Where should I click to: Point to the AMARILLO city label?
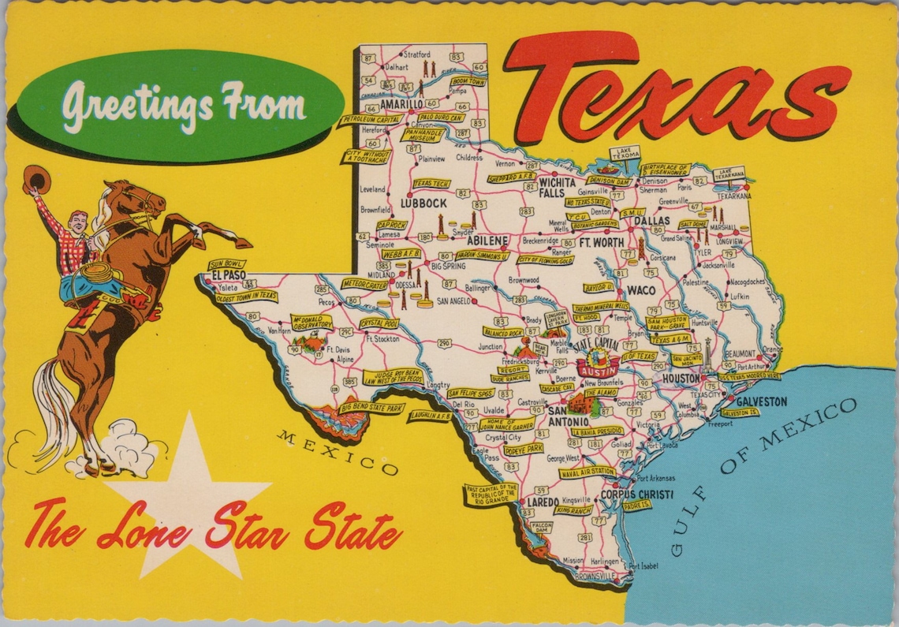(401, 103)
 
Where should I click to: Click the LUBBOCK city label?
(423, 203)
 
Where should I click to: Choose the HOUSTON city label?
(681, 379)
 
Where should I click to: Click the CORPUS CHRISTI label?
(637, 495)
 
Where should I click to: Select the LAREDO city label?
(543, 502)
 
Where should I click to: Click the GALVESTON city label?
(761, 401)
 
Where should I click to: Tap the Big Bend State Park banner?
(373, 408)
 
